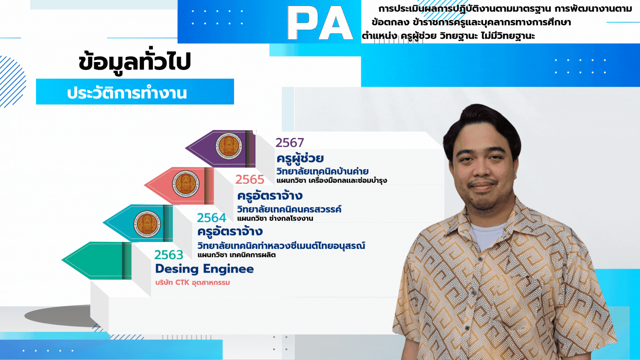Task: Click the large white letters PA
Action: click(320, 23)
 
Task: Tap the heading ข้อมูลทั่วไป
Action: click(135, 61)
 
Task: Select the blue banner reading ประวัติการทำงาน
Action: click(135, 92)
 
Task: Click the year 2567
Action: click(290, 143)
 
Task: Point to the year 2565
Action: click(250, 180)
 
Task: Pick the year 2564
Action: click(211, 218)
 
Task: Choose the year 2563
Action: click(169, 255)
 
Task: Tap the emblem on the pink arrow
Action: click(186, 184)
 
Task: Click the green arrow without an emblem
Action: click(97, 261)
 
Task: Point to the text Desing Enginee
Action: click(204, 269)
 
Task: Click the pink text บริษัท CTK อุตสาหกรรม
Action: click(193, 283)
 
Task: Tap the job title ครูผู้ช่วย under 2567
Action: click(300, 158)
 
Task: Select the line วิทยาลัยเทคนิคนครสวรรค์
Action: click(289, 209)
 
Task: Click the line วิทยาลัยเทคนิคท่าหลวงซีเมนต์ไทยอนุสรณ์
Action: click(281, 246)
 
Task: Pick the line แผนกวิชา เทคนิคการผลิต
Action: click(237, 255)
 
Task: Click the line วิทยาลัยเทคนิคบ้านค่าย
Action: click(322, 171)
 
